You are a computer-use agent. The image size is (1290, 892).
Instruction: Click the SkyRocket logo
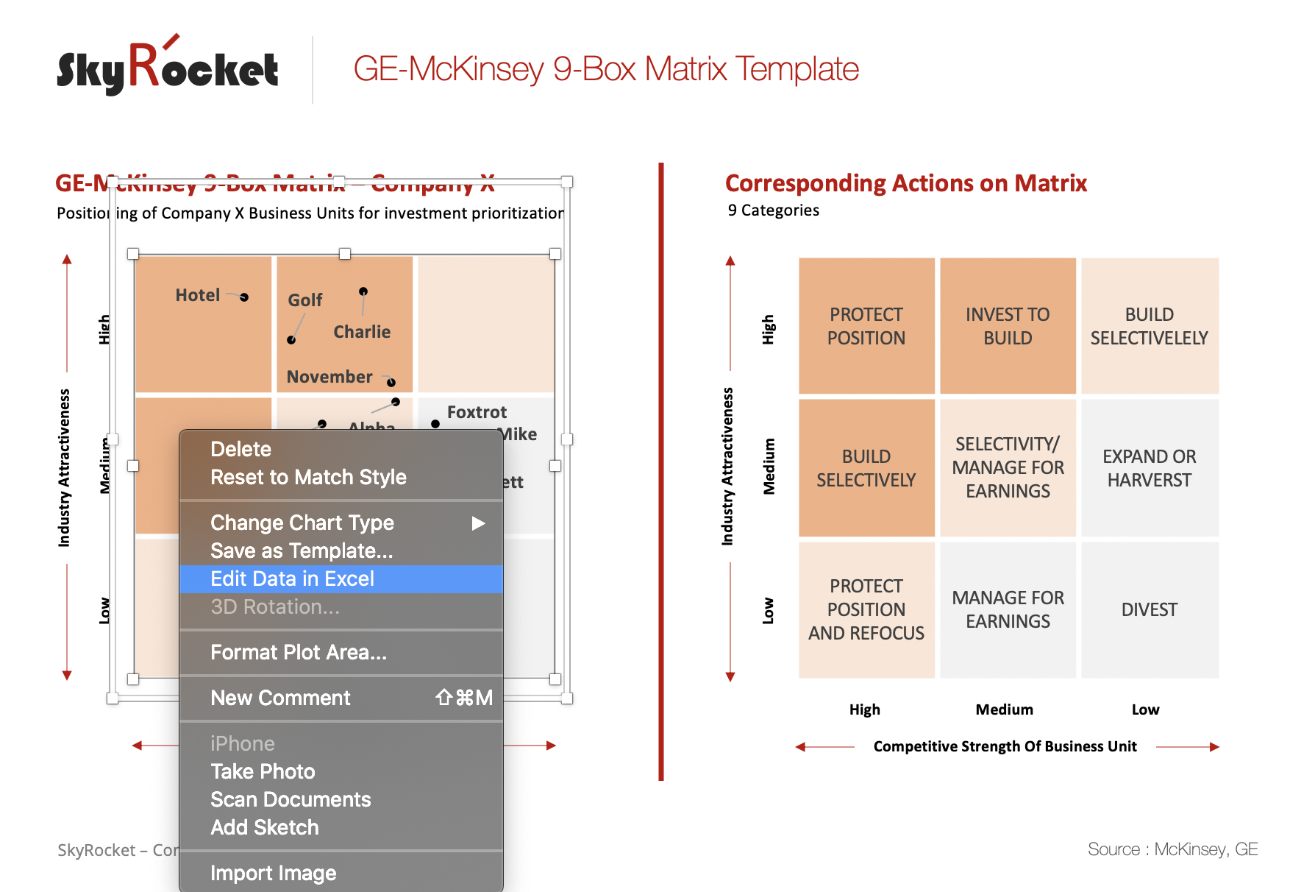click(x=168, y=68)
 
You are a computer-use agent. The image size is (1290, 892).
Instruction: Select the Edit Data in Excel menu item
click(x=292, y=579)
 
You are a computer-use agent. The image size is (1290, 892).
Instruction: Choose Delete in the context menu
click(x=240, y=449)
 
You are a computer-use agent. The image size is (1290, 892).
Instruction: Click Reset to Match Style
click(x=308, y=477)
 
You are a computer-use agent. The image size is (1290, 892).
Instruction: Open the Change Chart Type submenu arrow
click(x=478, y=523)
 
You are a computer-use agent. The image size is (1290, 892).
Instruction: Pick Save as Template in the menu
click(x=302, y=551)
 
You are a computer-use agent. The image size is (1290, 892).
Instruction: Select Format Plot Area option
click(x=298, y=652)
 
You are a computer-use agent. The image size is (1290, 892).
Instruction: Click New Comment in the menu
click(x=280, y=698)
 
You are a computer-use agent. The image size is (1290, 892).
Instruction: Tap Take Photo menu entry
click(x=263, y=771)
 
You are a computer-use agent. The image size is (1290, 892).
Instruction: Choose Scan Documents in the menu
click(x=291, y=799)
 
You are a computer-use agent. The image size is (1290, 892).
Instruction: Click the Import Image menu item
click(x=273, y=873)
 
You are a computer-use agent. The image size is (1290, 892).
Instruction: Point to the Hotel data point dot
click(x=244, y=297)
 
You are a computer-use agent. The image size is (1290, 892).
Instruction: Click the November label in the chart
click(x=329, y=377)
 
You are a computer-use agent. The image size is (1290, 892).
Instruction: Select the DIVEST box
click(x=1149, y=609)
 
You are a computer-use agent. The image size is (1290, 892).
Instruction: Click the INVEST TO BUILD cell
click(x=1008, y=326)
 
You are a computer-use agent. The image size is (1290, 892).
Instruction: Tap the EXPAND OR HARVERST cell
click(x=1149, y=468)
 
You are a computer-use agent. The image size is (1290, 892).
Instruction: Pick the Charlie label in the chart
click(x=362, y=332)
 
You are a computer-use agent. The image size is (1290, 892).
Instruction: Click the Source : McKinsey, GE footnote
click(x=1172, y=849)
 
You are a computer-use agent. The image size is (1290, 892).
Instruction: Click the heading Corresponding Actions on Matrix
click(x=905, y=183)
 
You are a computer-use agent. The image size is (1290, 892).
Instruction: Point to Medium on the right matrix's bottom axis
click(x=1004, y=709)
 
